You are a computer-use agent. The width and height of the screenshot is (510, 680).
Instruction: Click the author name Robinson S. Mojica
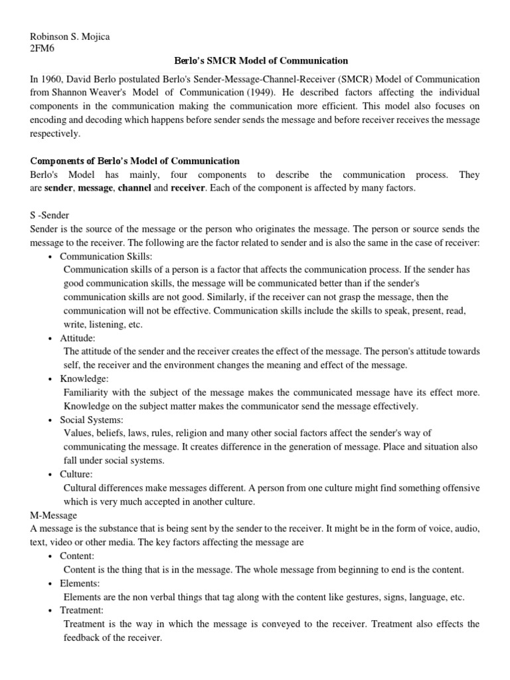(70, 37)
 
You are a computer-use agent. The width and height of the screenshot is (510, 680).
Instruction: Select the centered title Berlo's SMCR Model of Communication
(256, 61)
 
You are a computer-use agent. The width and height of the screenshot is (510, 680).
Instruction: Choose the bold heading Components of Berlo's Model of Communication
(135, 161)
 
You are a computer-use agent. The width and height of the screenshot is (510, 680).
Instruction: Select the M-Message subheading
(54, 515)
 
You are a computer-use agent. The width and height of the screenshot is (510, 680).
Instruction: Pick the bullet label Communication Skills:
(106, 256)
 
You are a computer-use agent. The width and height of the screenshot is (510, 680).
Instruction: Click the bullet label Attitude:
(78, 338)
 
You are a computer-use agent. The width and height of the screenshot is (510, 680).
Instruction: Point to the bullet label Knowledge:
(84, 379)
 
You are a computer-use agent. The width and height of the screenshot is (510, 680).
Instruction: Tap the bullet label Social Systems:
(92, 420)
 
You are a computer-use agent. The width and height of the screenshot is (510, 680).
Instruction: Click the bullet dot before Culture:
(52, 474)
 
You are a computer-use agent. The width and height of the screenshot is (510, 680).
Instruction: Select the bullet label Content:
(77, 556)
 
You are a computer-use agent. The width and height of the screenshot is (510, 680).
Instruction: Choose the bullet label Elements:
(80, 583)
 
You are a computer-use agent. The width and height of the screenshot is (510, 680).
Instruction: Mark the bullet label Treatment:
(82, 610)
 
